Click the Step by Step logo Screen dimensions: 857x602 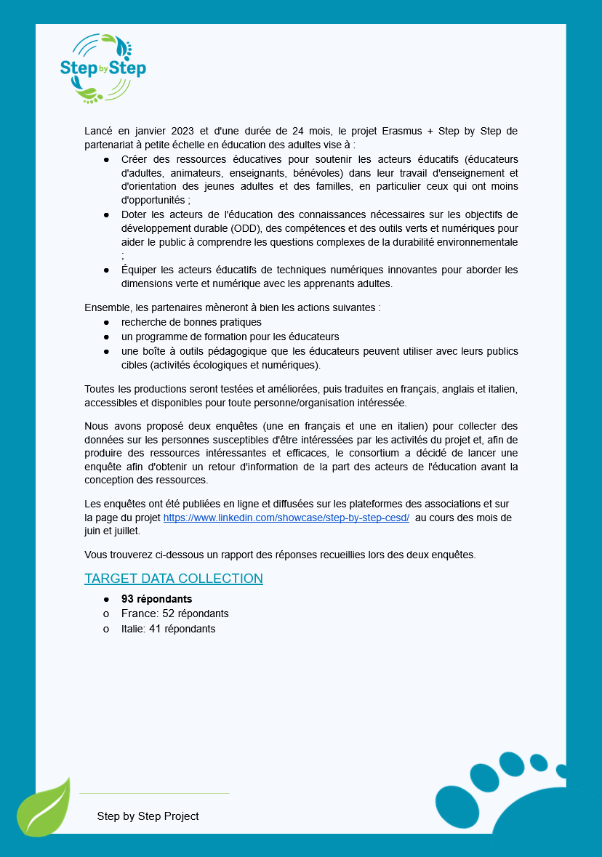(x=103, y=68)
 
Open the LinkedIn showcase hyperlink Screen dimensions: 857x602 (x=286, y=518)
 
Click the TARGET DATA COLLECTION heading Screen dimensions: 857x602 (x=173, y=579)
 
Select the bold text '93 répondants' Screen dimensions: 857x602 (x=156, y=599)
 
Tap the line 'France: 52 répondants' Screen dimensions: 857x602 (x=174, y=613)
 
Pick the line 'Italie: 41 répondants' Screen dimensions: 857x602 (x=168, y=629)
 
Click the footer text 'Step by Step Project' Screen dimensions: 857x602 (x=148, y=816)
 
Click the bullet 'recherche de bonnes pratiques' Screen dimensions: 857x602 (x=191, y=322)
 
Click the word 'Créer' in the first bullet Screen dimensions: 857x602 (x=135, y=158)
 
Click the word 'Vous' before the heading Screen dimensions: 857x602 (x=97, y=555)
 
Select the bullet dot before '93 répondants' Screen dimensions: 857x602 (x=106, y=599)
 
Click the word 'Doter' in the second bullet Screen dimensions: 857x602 (x=135, y=214)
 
